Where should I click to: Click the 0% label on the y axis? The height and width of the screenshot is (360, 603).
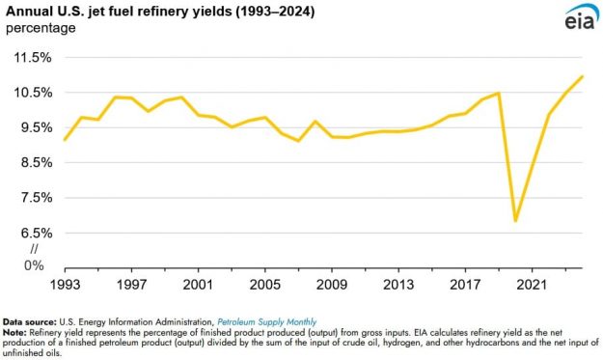click(35, 264)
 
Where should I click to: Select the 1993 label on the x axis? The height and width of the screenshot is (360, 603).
click(66, 285)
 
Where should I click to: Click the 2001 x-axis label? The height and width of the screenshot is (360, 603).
click(197, 285)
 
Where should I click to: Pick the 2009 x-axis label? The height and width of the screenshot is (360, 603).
click(330, 285)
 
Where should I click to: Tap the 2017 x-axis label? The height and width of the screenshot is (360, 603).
click(463, 285)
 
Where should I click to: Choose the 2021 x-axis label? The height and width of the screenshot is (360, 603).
click(530, 285)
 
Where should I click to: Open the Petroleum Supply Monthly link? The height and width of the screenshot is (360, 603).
click(266, 320)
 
